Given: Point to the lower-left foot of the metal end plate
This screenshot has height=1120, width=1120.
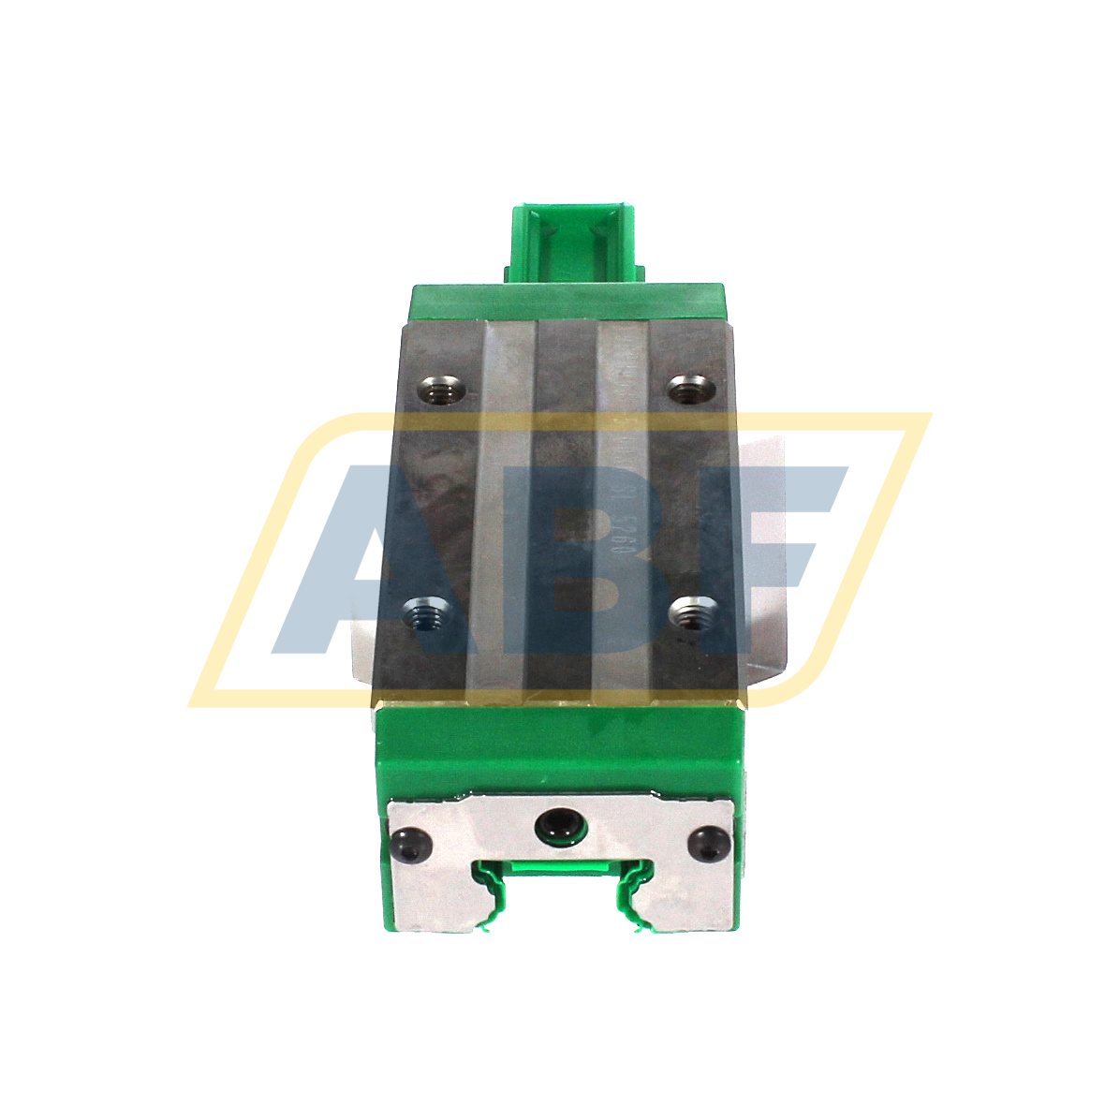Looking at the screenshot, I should pos(426,913).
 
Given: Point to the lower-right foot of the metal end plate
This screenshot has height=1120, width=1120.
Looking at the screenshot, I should pos(693,913).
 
